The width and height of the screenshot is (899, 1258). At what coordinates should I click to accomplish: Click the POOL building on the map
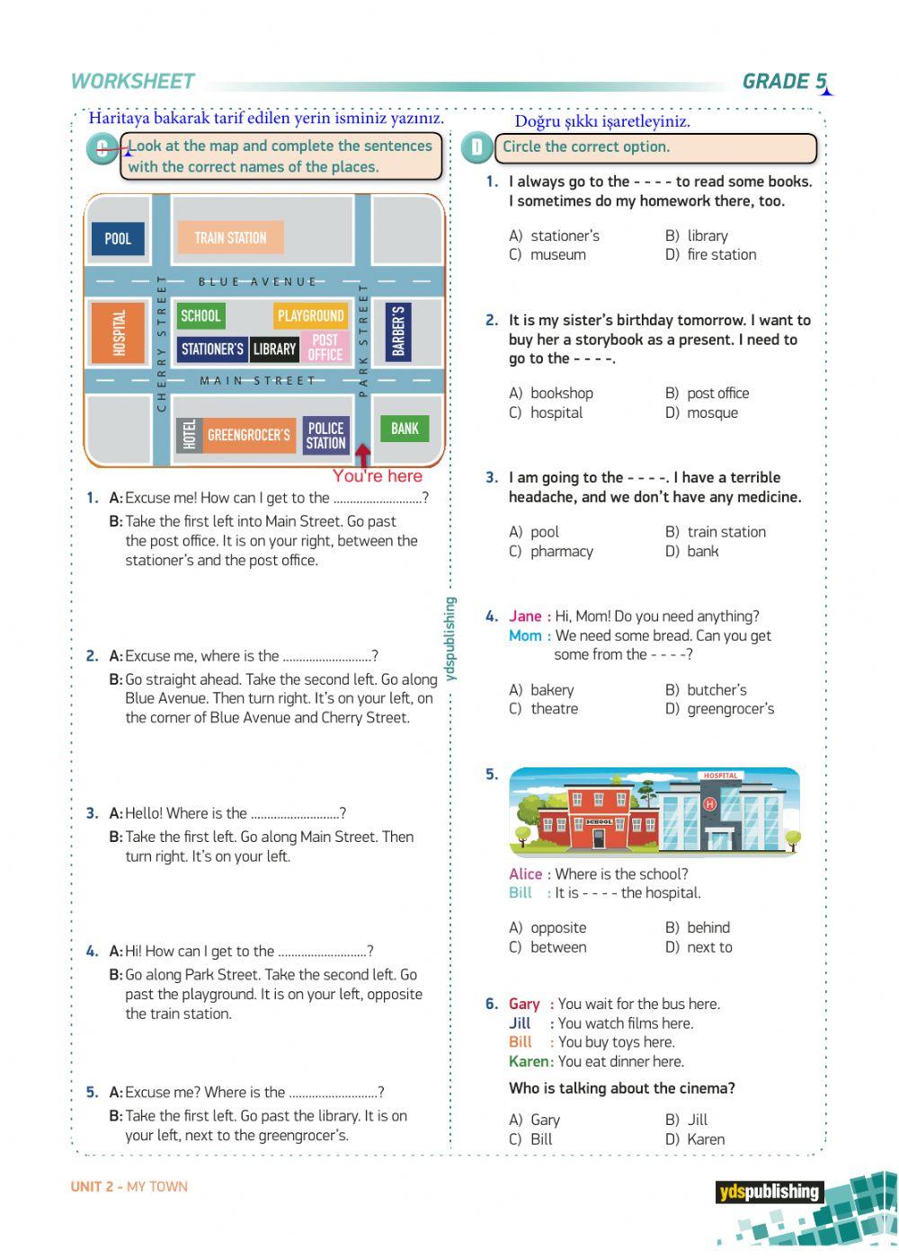(118, 238)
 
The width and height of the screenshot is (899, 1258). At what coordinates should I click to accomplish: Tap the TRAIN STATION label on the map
(230, 238)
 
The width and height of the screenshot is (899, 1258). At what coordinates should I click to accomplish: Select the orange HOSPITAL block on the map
(118, 332)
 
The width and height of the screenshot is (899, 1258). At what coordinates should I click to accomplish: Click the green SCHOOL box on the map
(200, 315)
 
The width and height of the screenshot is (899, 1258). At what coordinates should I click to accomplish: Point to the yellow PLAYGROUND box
(310, 315)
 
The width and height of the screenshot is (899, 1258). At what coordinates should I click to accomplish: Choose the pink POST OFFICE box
(325, 347)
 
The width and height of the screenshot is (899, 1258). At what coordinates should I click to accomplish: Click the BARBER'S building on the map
(398, 332)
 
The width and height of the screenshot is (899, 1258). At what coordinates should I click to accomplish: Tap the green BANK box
(405, 429)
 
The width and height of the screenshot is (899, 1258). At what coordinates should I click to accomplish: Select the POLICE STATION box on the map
(325, 435)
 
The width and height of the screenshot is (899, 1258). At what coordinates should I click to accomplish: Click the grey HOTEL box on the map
(189, 435)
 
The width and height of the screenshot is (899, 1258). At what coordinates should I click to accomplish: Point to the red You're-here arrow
(362, 456)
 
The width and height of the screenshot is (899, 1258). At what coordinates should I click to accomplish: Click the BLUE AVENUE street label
(257, 282)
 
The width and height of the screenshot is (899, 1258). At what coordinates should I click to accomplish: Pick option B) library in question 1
(698, 235)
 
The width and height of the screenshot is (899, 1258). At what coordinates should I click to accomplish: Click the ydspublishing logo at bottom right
(770, 1192)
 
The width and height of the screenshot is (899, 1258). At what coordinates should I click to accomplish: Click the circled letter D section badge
(476, 147)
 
